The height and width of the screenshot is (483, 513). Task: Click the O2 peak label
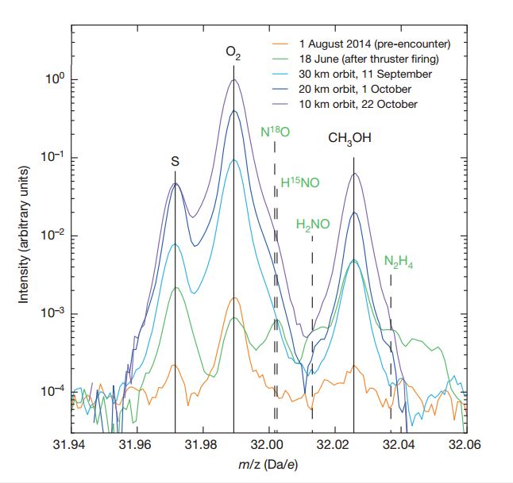233,54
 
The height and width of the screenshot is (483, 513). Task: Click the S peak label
175,161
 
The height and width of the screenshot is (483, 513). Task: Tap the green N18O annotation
276,130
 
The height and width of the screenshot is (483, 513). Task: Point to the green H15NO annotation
300,183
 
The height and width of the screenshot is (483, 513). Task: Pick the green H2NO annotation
312,225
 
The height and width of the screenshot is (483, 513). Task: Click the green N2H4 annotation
399,263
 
